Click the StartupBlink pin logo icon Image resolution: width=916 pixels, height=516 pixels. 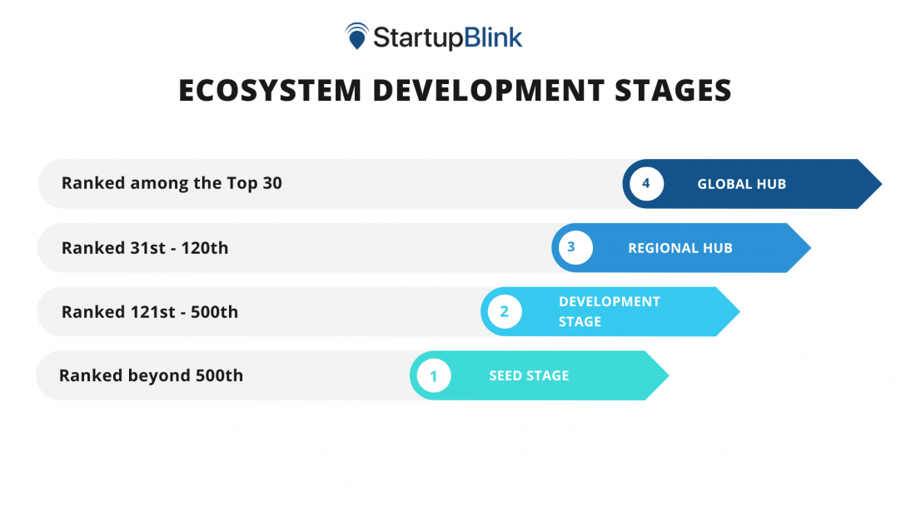click(x=357, y=36)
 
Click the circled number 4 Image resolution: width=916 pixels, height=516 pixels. click(x=646, y=184)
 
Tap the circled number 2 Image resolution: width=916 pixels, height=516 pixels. click(x=505, y=312)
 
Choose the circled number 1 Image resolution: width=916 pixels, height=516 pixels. click(x=434, y=376)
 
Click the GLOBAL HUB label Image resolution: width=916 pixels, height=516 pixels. click(x=741, y=184)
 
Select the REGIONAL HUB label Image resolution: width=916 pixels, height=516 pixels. click(x=680, y=248)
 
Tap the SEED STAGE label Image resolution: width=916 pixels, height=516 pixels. click(x=529, y=376)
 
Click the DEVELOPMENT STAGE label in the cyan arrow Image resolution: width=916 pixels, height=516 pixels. click(x=609, y=311)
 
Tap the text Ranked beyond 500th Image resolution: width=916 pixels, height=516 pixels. click(x=151, y=375)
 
